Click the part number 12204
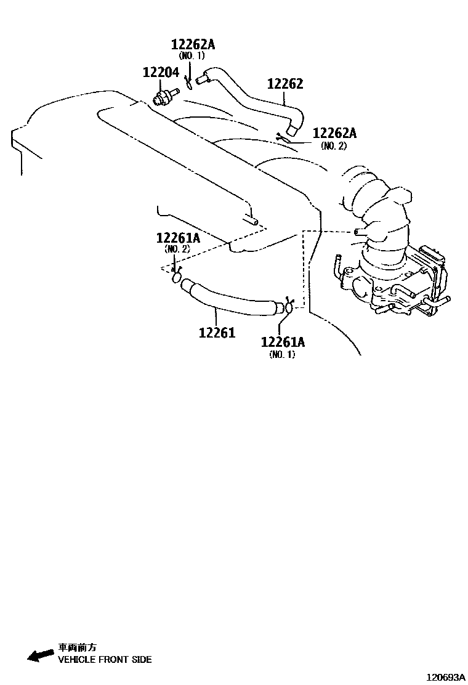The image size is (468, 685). [x=161, y=72]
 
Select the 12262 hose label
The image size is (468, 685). [x=285, y=84]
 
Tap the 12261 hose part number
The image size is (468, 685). [x=217, y=333]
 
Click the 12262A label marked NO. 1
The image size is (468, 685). [x=193, y=44]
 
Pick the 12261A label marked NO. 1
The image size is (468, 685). [x=283, y=342]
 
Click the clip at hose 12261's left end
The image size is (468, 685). [x=177, y=277]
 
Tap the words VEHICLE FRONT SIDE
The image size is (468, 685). [x=105, y=659]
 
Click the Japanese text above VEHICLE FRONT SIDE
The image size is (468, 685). [x=77, y=647]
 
